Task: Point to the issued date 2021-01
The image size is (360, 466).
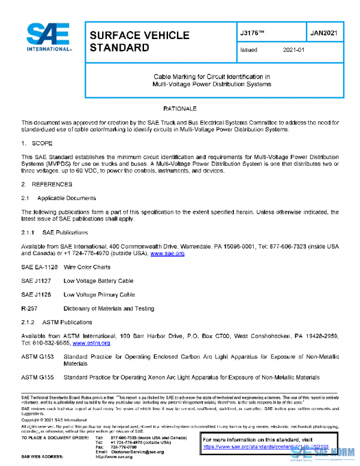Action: [294, 50]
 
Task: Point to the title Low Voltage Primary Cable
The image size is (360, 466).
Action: [99, 295]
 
